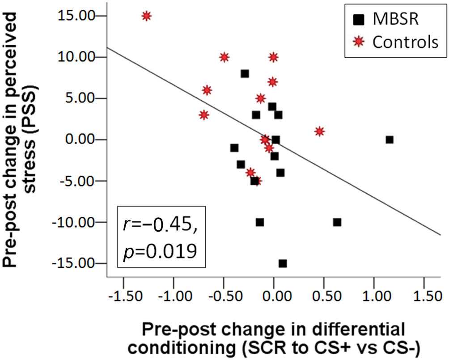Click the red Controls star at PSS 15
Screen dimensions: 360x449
point(146,16)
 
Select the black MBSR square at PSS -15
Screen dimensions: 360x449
point(283,263)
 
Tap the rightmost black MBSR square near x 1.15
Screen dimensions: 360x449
point(390,140)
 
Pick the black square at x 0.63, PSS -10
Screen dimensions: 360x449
point(337,222)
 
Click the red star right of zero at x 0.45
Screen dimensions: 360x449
point(319,131)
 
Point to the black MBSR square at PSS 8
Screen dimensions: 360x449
point(245,74)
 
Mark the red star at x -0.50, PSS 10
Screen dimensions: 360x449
point(224,57)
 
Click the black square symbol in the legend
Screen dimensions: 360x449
point(358,20)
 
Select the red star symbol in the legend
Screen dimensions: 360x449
point(358,42)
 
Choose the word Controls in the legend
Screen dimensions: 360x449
point(404,42)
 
